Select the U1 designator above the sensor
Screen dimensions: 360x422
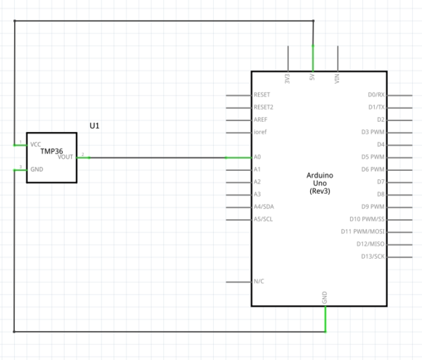click(95, 125)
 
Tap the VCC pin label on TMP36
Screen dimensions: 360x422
click(36, 144)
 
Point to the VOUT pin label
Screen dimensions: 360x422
click(65, 157)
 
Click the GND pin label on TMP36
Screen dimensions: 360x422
click(37, 169)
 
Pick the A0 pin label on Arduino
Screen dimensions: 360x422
click(257, 157)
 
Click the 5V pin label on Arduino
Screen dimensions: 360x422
click(312, 79)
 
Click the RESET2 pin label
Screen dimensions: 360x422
click(263, 108)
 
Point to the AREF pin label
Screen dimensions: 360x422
click(260, 120)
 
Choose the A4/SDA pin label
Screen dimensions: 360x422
click(264, 207)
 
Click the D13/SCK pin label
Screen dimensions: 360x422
click(373, 257)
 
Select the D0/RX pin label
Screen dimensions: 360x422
click(376, 95)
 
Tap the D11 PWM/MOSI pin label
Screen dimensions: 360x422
click(363, 231)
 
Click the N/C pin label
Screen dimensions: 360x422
click(258, 281)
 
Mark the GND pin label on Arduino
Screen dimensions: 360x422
click(325, 297)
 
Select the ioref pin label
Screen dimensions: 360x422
click(260, 131)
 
